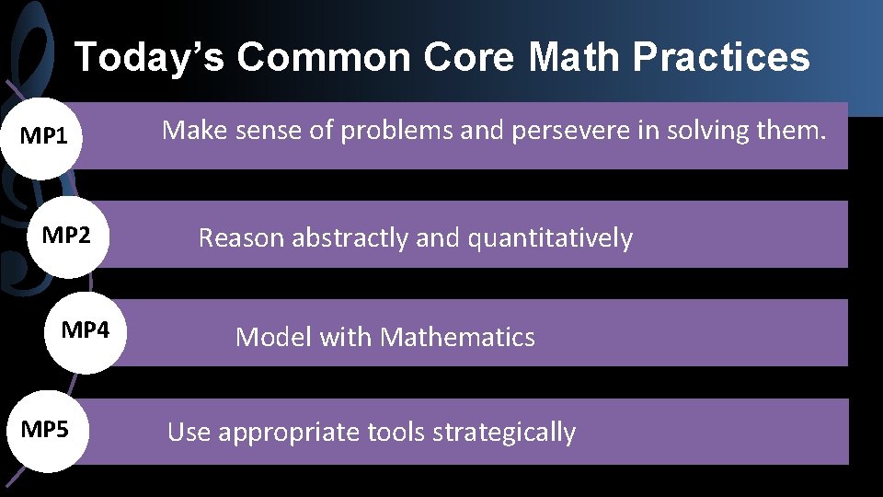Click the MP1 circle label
(x=44, y=138)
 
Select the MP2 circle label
(x=66, y=236)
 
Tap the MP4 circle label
(x=85, y=329)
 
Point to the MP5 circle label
(x=44, y=429)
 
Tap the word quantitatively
(x=550, y=238)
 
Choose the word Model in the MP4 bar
(x=273, y=338)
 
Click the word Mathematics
(x=457, y=338)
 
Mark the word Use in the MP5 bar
(x=188, y=433)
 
